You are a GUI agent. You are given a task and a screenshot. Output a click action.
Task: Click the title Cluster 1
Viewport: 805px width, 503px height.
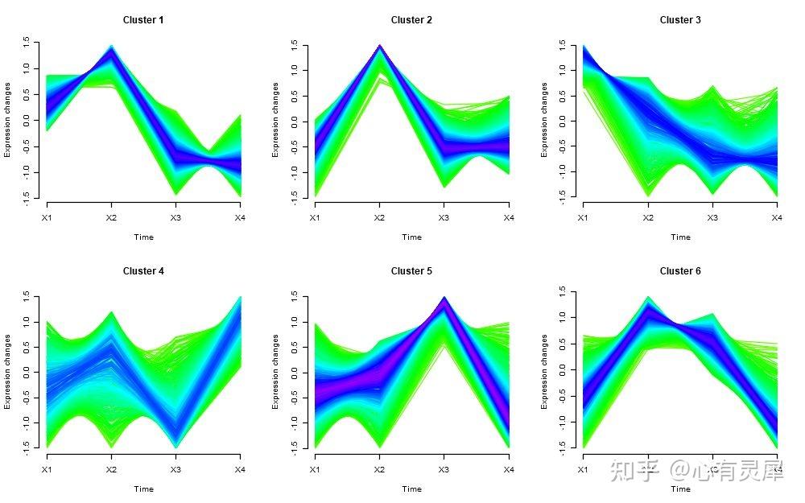143,20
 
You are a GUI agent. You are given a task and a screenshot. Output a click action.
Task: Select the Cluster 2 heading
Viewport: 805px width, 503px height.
411,20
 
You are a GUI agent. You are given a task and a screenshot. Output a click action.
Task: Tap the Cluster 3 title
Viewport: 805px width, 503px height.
680,20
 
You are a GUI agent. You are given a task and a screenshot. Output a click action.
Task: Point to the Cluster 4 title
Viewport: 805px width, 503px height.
143,271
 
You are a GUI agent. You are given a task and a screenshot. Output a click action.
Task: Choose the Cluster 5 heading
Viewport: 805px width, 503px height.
411,271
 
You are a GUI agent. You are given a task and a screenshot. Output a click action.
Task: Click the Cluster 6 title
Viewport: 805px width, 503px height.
680,271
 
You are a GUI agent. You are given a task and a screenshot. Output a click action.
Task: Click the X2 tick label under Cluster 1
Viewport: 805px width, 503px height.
111,217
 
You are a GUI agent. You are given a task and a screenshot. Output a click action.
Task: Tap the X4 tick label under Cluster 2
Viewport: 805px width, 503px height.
508,217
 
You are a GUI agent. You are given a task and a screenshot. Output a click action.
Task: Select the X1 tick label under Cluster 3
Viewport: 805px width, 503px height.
584,217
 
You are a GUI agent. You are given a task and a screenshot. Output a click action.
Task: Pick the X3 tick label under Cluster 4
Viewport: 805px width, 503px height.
175,469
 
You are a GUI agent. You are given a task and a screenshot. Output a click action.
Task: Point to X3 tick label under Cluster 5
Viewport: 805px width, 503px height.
444,469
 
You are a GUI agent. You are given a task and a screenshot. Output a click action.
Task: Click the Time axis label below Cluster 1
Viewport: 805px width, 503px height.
143,237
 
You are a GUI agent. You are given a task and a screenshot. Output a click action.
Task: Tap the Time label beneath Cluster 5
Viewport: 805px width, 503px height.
411,489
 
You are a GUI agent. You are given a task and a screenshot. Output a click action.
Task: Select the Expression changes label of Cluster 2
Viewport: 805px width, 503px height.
276,119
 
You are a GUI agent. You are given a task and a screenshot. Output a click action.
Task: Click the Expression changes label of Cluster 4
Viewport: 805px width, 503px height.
8,371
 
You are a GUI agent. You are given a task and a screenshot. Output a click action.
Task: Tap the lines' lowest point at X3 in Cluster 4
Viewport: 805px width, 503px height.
175,445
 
